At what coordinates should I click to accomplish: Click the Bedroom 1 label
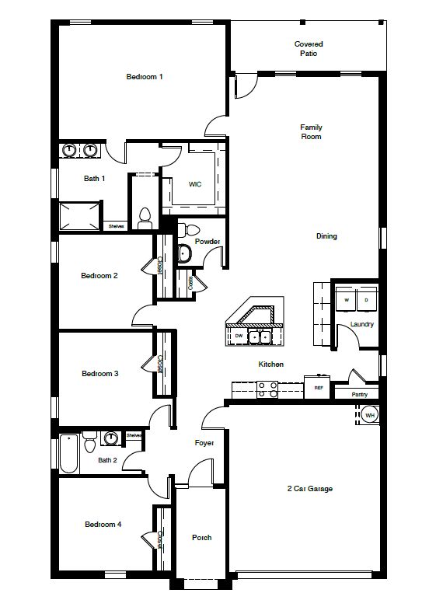coord(145,77)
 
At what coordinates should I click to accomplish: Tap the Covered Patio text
coord(309,49)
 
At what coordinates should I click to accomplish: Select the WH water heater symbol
coord(370,416)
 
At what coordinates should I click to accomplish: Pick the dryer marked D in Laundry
coord(366,299)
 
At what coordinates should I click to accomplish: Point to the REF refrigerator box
coord(318,387)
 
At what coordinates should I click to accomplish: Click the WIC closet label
coord(195,184)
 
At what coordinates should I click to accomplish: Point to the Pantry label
coord(359,394)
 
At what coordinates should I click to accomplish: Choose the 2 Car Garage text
coord(309,489)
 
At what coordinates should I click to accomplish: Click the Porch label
coord(201,538)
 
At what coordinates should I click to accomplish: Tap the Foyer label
coord(204,443)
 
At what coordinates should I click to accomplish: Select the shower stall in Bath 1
coord(80,216)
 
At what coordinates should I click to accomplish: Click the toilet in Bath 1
coord(144,218)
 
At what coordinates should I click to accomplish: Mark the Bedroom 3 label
coord(99,374)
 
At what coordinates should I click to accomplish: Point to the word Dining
coord(326,236)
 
